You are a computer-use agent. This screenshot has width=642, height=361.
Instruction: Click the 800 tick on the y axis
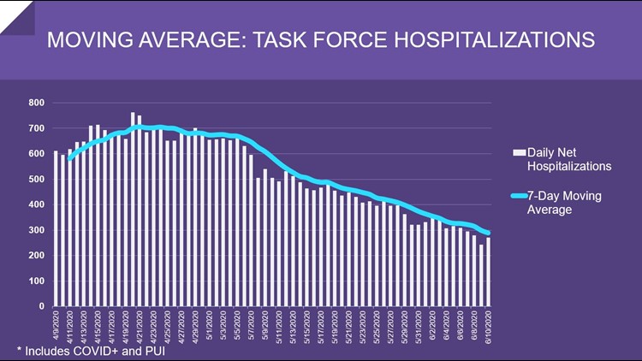coord(35,104)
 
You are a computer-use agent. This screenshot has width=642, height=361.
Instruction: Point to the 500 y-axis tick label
coord(35,180)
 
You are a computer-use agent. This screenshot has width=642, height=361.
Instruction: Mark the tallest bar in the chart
coord(133,210)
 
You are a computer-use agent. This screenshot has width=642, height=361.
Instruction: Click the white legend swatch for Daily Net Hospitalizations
coord(518,152)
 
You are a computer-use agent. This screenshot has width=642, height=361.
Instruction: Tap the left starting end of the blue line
coord(69,157)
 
